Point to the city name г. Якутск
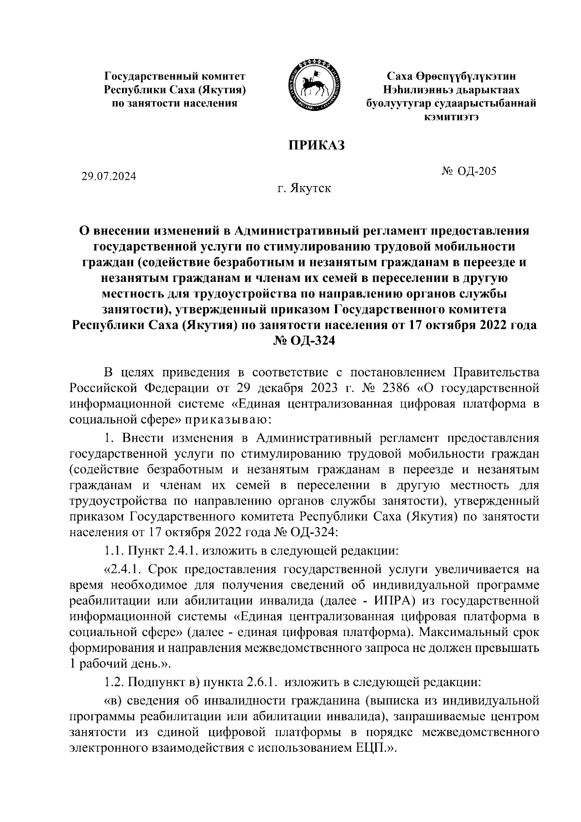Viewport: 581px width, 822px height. tap(304, 188)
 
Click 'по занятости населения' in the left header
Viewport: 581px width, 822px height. tap(175, 103)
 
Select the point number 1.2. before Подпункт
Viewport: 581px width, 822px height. tap(115, 682)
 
